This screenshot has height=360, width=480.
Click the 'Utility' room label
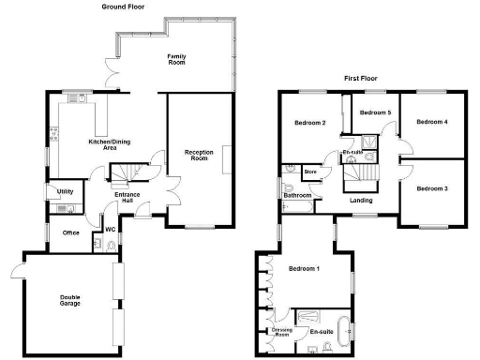click(x=65, y=191)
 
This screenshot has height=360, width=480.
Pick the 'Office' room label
click(x=70, y=232)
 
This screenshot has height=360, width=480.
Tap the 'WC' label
click(x=110, y=230)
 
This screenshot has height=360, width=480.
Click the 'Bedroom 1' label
click(x=304, y=269)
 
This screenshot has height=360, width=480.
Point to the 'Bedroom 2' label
click(x=309, y=123)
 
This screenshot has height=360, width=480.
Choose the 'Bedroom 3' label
click(x=431, y=189)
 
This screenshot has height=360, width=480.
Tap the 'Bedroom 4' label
click(x=431, y=122)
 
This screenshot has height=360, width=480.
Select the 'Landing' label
click(x=361, y=200)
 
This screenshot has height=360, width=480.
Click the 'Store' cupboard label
click(x=310, y=172)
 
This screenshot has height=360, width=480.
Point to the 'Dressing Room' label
click(x=281, y=333)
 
